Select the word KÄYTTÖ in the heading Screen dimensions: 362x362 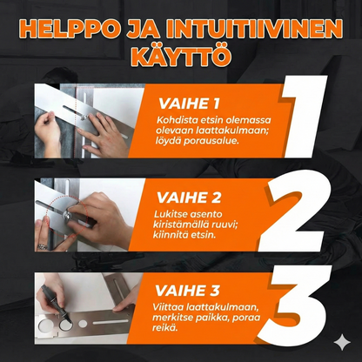pyautogui.click(x=180, y=57)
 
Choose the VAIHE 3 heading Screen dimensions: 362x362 pyautogui.click(x=184, y=291)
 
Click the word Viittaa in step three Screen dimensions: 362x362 pyautogui.click(x=174, y=307)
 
